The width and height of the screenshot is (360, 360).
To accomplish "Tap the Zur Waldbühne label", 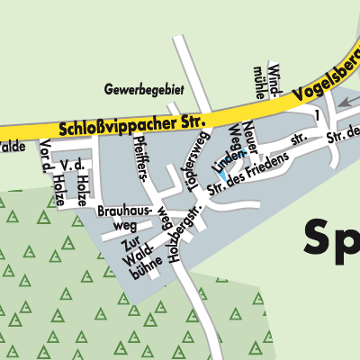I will [x=132, y=257].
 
